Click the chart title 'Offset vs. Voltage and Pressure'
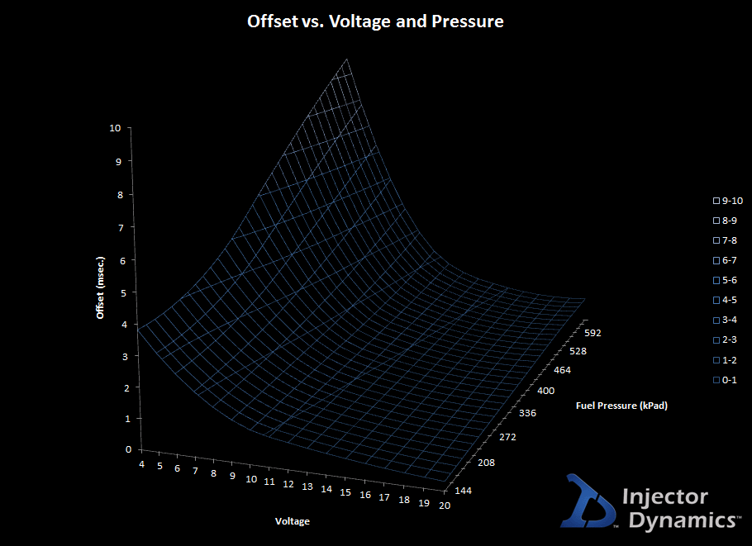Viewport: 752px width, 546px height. [375, 21]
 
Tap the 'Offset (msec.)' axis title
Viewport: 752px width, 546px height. [100, 286]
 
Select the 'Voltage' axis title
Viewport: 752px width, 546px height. [293, 520]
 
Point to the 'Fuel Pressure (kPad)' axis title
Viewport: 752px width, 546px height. [621, 406]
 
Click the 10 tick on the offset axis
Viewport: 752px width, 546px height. [114, 128]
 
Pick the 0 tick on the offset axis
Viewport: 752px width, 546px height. [128, 449]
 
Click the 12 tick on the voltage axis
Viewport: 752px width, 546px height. [270, 482]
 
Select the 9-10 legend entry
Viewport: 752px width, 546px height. [728, 201]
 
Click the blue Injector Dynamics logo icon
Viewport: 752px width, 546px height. [590, 501]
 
